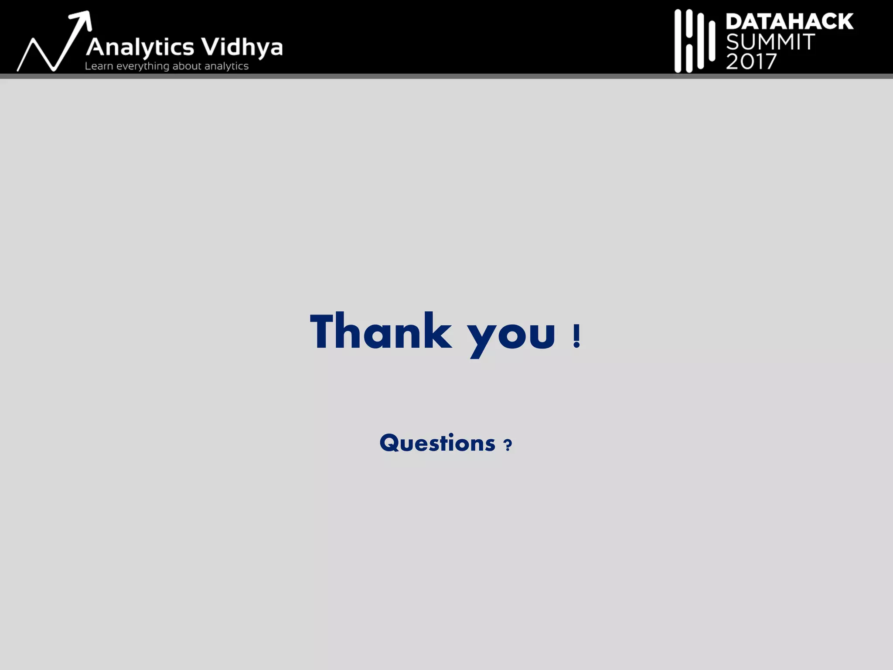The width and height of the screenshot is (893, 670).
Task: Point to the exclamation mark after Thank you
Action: click(x=576, y=336)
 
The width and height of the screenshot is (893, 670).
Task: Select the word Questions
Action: click(x=437, y=443)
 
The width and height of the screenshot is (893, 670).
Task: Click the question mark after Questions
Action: click(x=508, y=445)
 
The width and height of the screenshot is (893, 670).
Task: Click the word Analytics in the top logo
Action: click(x=140, y=48)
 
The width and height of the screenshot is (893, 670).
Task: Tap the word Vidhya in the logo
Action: click(x=242, y=47)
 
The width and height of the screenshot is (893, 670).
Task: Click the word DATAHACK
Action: click(x=789, y=21)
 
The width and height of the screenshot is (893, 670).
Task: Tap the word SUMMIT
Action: click(x=770, y=42)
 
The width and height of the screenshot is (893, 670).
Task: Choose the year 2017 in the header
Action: click(x=751, y=62)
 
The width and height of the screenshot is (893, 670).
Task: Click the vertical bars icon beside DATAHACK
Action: click(x=694, y=41)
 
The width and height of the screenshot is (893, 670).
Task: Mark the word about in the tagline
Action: click(x=187, y=66)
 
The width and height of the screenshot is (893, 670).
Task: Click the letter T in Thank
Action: click(x=322, y=331)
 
